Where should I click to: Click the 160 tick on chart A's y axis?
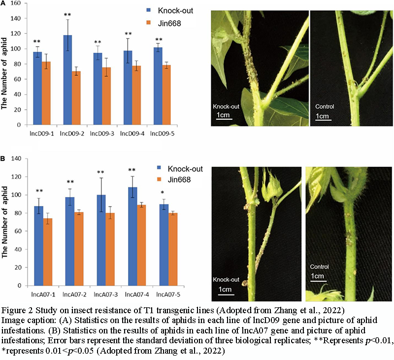coord(19,3)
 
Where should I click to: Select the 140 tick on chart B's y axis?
coord(19,159)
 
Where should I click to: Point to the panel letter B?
coord(3,159)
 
